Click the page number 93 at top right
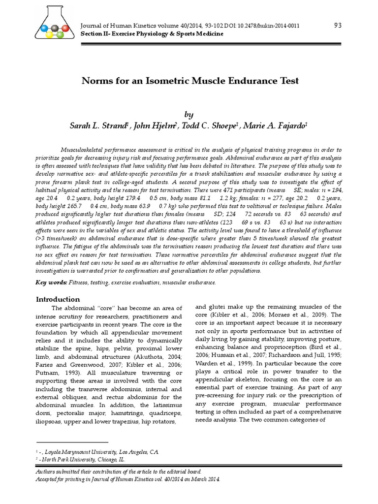(338, 26)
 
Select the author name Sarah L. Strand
(99, 126)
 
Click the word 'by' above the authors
(189, 114)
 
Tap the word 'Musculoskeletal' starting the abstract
(88, 149)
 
